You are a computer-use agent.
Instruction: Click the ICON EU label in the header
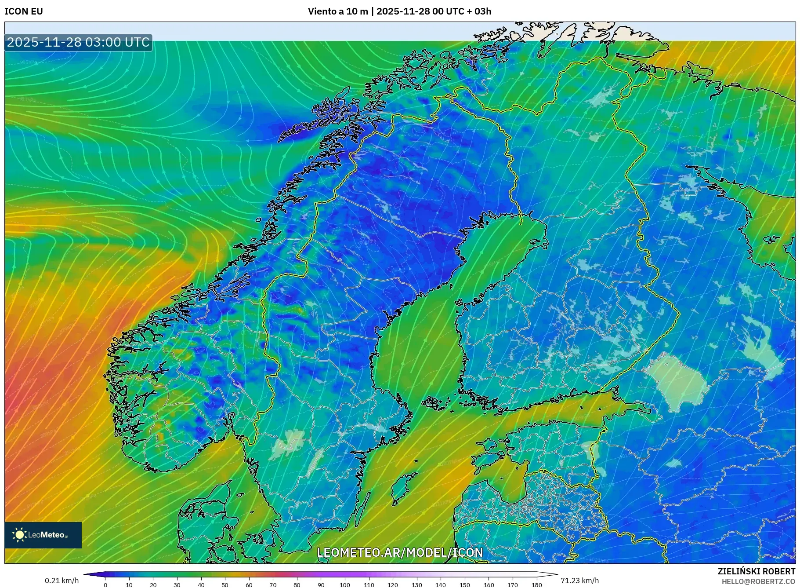[x=24, y=11]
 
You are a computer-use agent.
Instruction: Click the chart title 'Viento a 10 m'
[x=337, y=11]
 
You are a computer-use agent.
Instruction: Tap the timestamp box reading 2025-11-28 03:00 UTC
[x=78, y=42]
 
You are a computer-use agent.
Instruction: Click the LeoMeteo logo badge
[x=43, y=535]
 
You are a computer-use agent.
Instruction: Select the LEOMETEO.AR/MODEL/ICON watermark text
[x=400, y=552]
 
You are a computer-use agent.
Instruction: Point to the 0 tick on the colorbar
[x=105, y=584]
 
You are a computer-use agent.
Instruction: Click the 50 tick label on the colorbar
[x=225, y=585]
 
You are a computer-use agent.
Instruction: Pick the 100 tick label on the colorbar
[x=345, y=585]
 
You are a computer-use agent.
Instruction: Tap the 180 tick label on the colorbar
[x=536, y=585]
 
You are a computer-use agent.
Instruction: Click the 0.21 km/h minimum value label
[x=62, y=581]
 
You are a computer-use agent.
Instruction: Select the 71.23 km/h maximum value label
[x=579, y=581]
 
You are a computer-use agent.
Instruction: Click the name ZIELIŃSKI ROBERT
[x=756, y=571]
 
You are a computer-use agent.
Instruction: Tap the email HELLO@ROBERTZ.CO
[x=758, y=581]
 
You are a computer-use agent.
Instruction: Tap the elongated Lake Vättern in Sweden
[x=315, y=464]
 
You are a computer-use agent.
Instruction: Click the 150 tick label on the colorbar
[x=464, y=585]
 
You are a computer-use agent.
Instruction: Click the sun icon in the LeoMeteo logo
[x=19, y=535]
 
